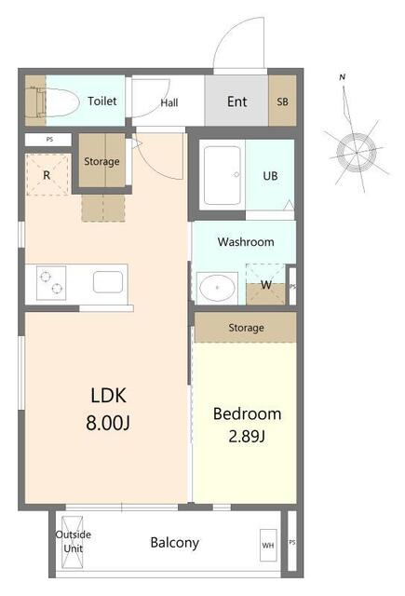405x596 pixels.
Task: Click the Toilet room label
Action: pos(101,101)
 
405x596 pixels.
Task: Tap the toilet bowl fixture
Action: pos(57,102)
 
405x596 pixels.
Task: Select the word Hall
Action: pos(169,102)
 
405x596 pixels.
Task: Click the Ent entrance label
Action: pos(237,102)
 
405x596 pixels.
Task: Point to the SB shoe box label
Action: pos(282,102)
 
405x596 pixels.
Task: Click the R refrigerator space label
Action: pos(47,175)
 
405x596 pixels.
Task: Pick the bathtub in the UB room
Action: pos(223,175)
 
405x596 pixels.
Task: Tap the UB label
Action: pos(270,176)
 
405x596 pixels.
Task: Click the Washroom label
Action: pos(246,242)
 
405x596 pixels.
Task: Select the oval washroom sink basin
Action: pos(217,288)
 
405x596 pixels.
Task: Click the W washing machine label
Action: pos(266,284)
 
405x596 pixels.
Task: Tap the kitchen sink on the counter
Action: pos(108,281)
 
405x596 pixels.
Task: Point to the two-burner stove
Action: pos(51,283)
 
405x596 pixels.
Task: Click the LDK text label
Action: pos(108,395)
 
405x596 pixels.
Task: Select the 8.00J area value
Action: pos(108,423)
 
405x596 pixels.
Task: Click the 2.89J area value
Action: pos(247,436)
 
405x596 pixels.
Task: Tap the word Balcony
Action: pos(175,543)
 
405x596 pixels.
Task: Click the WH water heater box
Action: pos(268,545)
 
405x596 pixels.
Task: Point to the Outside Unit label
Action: pos(74,541)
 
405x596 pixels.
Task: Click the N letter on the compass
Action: pos(343,77)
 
